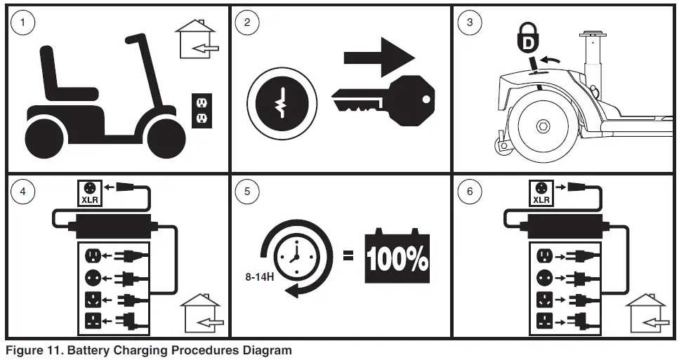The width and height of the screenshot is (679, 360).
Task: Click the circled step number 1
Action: pyautogui.click(x=23, y=22)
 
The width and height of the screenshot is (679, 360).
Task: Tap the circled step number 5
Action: pyautogui.click(x=246, y=192)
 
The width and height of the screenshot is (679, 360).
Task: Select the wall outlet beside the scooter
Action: pyautogui.click(x=201, y=109)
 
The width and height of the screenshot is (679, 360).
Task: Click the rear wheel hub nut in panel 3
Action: pyautogui.click(x=543, y=126)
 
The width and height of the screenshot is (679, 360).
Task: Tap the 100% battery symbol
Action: pyautogui.click(x=397, y=258)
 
